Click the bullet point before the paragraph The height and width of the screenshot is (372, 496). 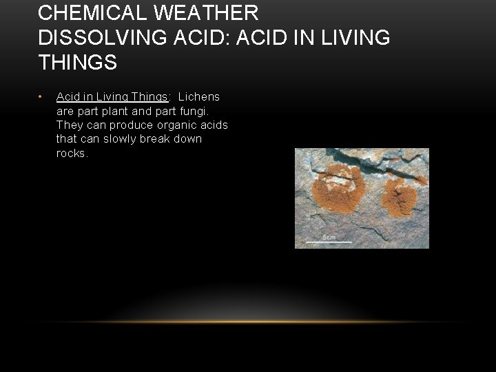click(x=41, y=96)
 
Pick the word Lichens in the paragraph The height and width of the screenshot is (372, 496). click(x=199, y=96)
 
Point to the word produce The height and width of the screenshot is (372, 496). click(x=114, y=125)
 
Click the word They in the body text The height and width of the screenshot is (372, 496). click(x=68, y=125)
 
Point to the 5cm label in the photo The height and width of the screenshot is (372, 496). click(x=330, y=237)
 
